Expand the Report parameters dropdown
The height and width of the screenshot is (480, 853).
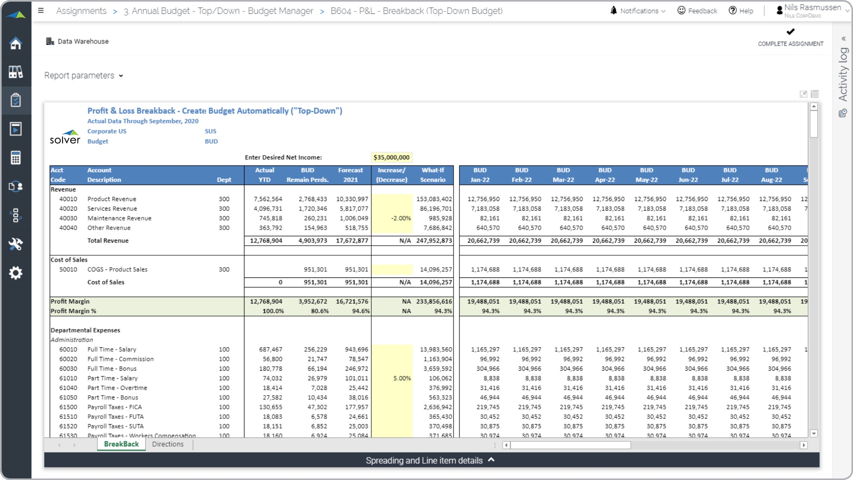[x=84, y=76]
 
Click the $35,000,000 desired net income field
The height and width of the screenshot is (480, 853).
[x=391, y=157]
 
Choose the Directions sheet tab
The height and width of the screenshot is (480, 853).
[x=168, y=444]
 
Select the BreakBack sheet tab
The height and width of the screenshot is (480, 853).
[x=121, y=444]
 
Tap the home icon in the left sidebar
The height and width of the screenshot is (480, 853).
[x=16, y=43]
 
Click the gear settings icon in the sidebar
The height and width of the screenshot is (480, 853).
[x=16, y=273]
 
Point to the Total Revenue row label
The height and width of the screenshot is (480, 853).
[x=108, y=241]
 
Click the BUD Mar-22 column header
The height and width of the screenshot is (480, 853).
[x=563, y=175]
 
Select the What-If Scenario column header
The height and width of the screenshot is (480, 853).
[x=432, y=175]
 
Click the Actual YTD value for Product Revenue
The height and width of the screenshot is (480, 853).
[x=268, y=199]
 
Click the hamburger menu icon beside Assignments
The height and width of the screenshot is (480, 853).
[x=41, y=11]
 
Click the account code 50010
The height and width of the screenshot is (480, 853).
[x=68, y=269]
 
